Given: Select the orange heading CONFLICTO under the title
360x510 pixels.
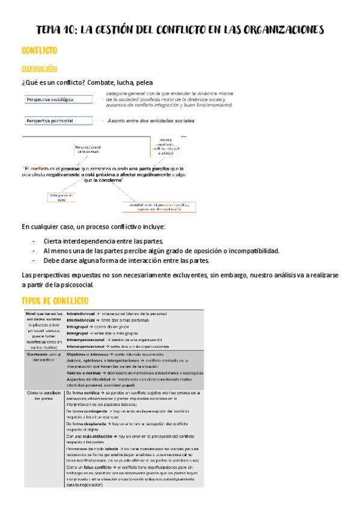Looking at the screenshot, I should [40, 52].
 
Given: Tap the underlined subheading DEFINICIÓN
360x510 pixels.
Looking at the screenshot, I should [39, 69].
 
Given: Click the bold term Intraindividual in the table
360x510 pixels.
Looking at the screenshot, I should [82, 314].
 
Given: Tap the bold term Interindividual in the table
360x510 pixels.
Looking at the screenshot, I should [82, 321].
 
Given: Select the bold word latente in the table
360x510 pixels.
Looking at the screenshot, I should [120, 449].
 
